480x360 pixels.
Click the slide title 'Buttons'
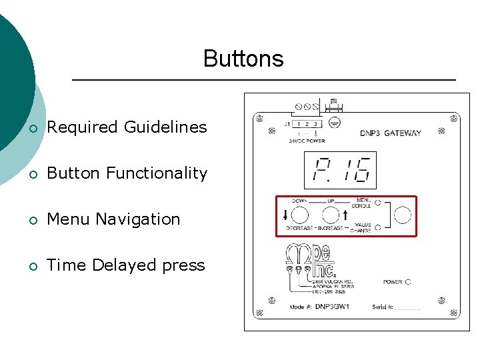coord(243,59)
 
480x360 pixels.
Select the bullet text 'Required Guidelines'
coord(127,127)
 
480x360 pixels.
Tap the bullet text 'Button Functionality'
coord(127,173)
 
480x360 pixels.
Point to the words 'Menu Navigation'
coord(113,219)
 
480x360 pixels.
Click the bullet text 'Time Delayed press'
coord(126,265)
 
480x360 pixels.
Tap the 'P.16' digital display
coord(339,170)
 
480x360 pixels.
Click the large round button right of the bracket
coord(403,215)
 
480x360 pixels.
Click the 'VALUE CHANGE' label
coord(363,228)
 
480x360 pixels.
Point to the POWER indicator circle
coord(408,282)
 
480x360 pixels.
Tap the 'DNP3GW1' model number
coord(332,307)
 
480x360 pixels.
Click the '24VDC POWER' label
coord(306,141)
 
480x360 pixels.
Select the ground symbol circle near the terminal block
coord(337,123)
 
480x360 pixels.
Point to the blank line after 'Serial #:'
coord(407,308)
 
